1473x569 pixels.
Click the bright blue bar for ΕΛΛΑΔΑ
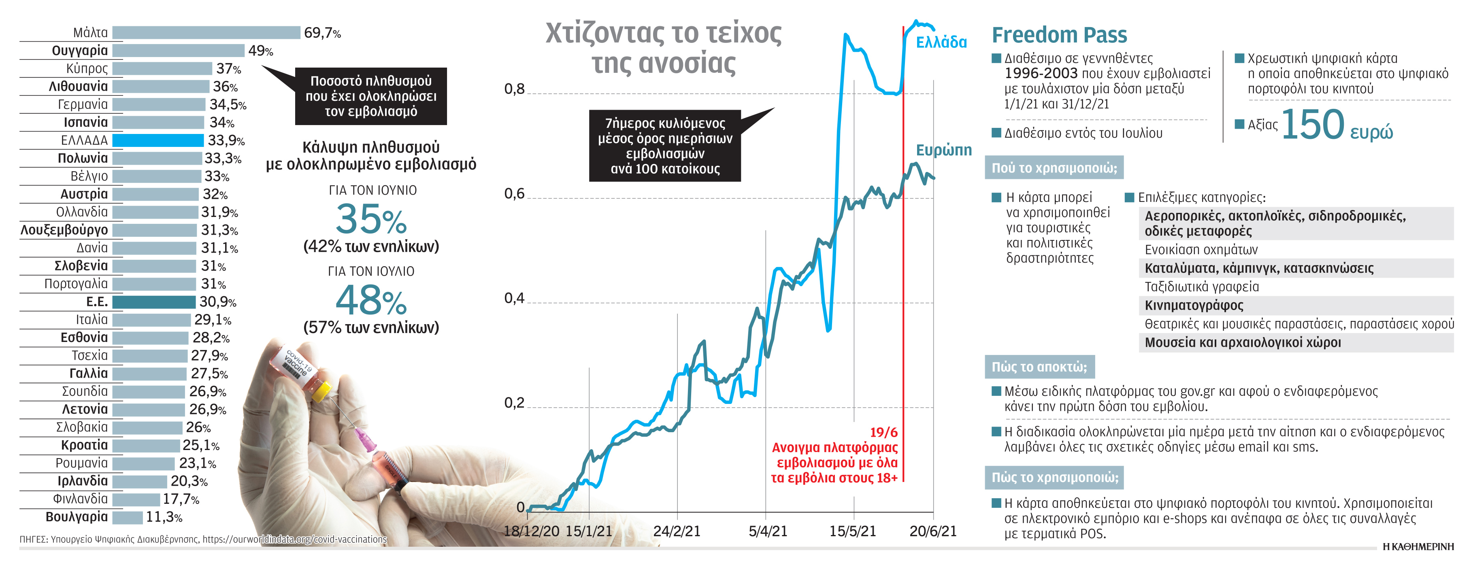point(158,140)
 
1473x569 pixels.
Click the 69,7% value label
point(322,33)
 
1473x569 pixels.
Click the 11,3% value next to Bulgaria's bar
point(164,518)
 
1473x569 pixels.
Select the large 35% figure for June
point(370,220)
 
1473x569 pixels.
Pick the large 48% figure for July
point(370,301)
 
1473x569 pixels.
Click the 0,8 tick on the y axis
point(514,89)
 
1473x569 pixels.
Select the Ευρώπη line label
point(943,150)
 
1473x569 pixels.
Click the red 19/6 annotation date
point(883,433)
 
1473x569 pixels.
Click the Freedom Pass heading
point(1059,35)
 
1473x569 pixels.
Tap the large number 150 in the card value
point(1312,125)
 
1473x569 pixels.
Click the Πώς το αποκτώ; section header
point(1039,367)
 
